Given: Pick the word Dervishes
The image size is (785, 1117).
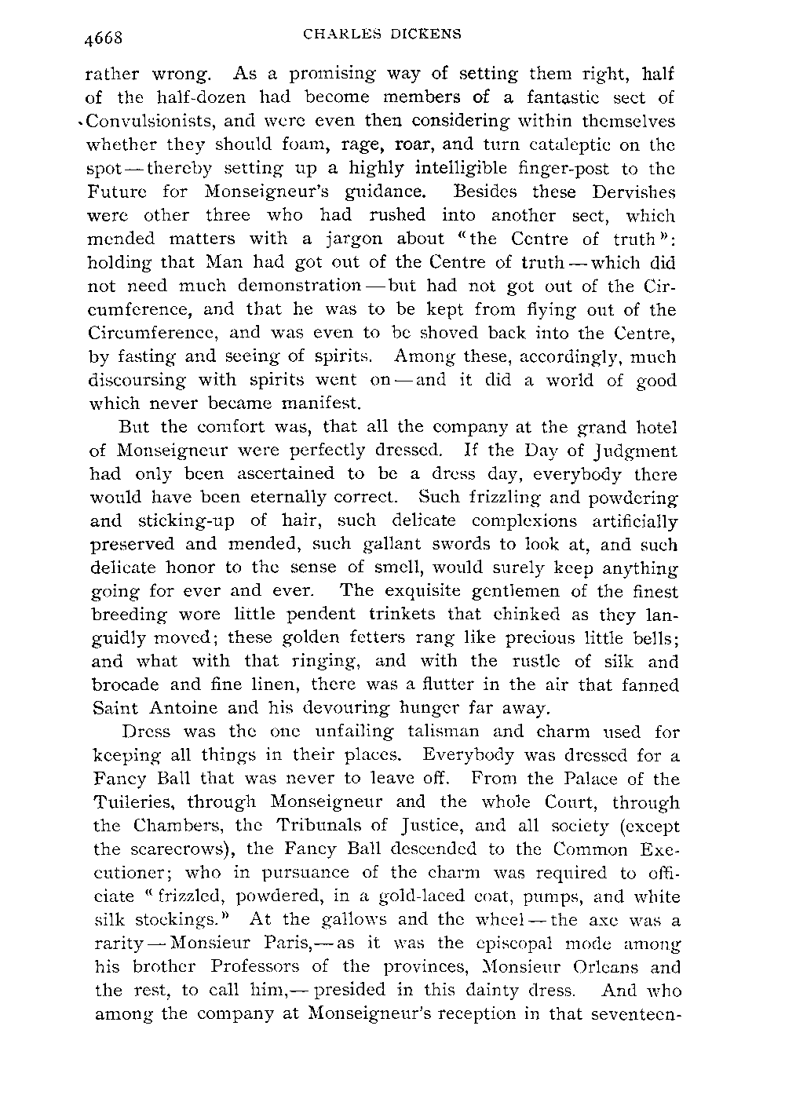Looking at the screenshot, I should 633,192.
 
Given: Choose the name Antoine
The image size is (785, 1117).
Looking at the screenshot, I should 182,708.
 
